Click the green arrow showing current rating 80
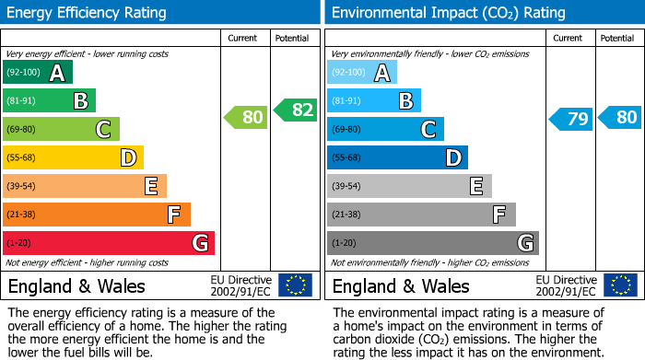(245, 117)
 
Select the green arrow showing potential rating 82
(295, 110)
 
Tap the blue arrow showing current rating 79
(570, 119)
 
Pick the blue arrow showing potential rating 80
(619, 117)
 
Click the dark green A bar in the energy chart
(37, 73)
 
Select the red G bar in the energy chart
(108, 243)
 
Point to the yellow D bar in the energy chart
(73, 157)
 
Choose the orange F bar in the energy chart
(96, 215)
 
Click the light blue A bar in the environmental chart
(362, 73)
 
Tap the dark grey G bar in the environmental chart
(432, 243)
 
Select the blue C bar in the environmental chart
(385, 130)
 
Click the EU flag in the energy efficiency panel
(295, 285)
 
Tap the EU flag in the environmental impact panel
(620, 285)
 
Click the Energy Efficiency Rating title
(87, 13)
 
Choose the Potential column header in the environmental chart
(617, 38)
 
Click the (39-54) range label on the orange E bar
(22, 187)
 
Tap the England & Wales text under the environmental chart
(401, 285)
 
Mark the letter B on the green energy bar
(80, 101)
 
